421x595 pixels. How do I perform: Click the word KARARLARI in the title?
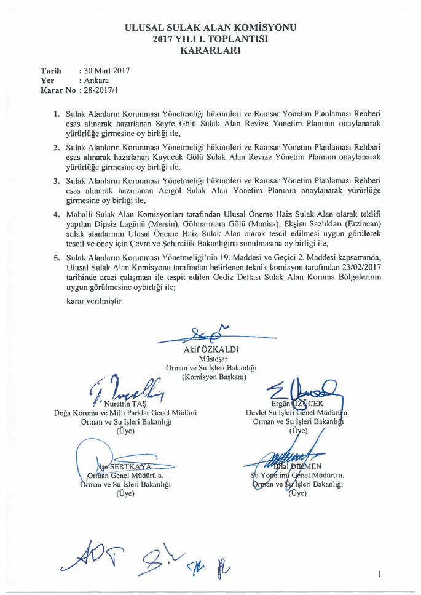(210, 50)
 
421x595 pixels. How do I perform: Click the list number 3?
(56, 181)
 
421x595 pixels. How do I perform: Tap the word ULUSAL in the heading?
(146, 28)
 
